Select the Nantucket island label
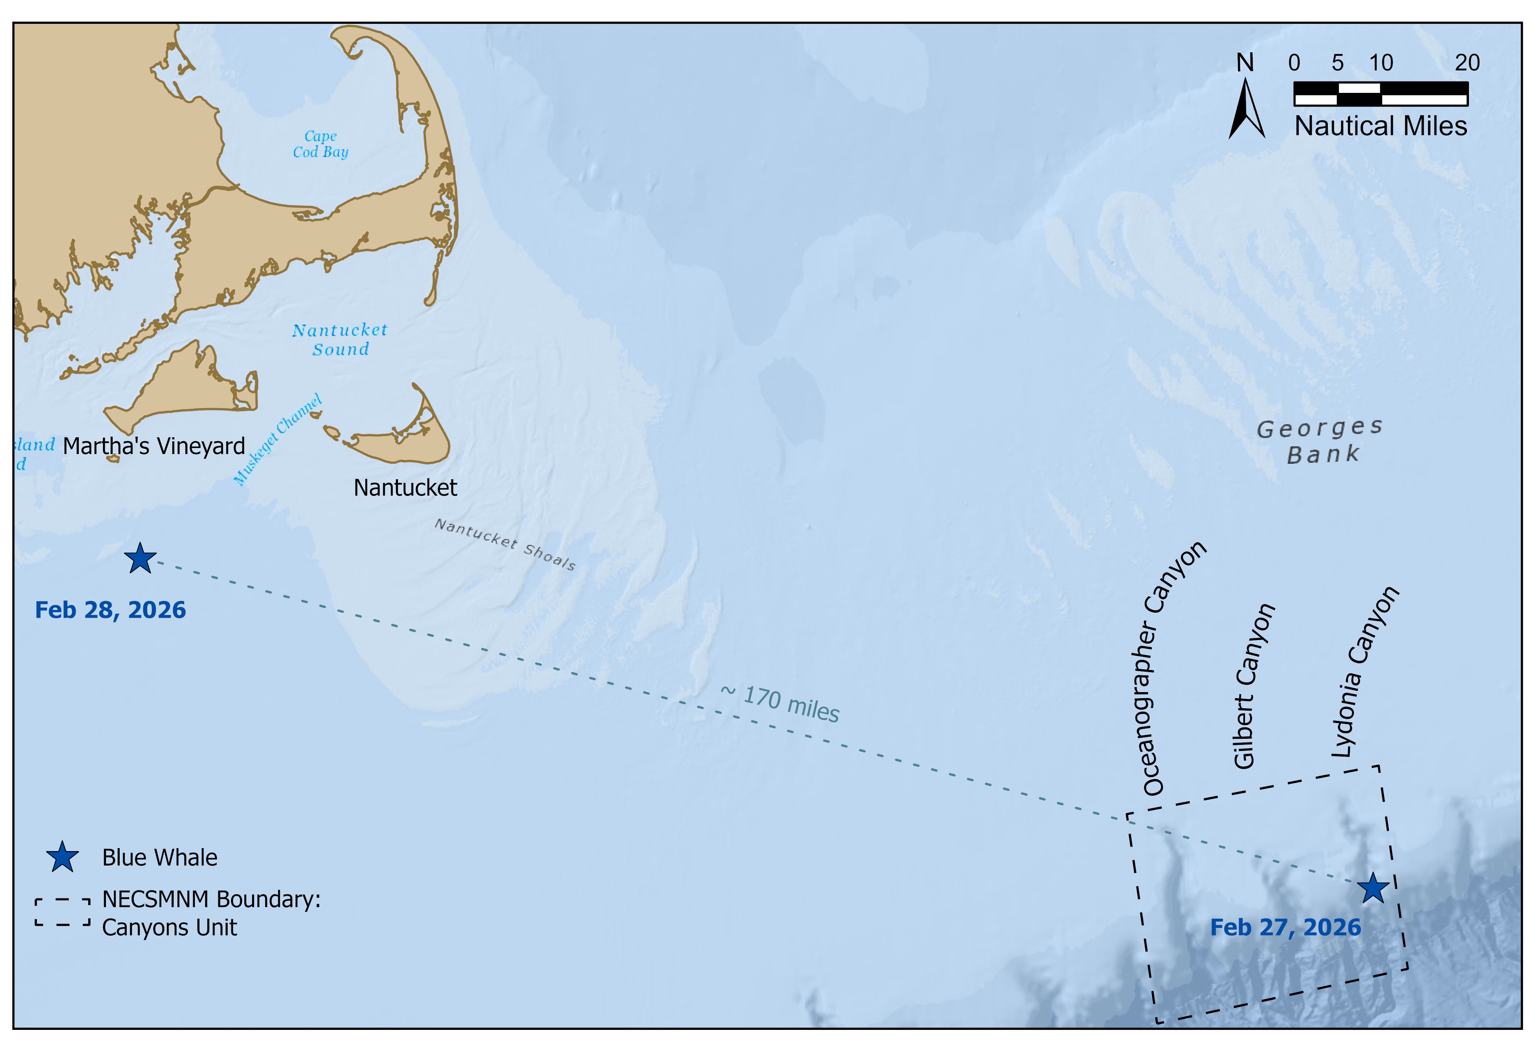coord(405,488)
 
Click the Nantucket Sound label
coord(340,339)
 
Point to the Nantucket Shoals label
coord(505,544)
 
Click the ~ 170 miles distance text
coord(780,704)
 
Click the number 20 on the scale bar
coord(1467,63)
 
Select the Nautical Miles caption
coord(1380,126)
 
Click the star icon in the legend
coord(62,857)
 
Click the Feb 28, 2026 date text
coord(110,610)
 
